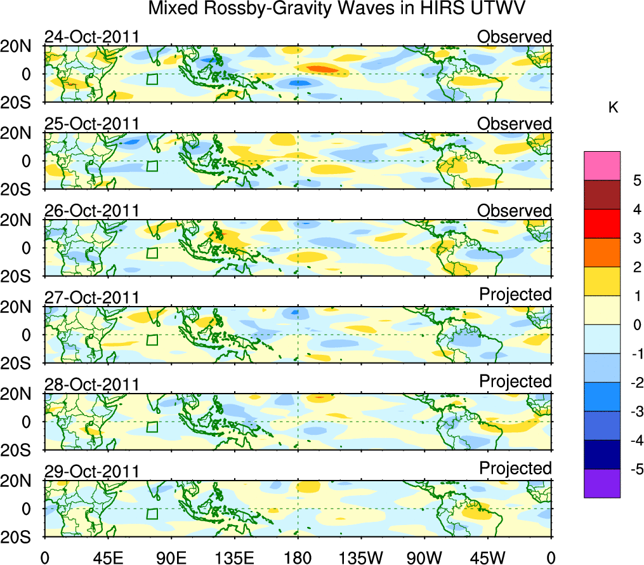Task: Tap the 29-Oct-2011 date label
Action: [x=91, y=471]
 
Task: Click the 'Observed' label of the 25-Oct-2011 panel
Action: [x=514, y=124]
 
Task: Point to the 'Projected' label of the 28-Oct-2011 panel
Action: [x=515, y=382]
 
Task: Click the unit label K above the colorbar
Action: [x=613, y=108]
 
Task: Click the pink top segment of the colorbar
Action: [x=601, y=166]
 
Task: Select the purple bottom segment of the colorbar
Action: [x=601, y=484]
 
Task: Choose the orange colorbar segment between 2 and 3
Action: [x=601, y=253]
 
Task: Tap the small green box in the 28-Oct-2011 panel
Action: [x=152, y=427]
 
